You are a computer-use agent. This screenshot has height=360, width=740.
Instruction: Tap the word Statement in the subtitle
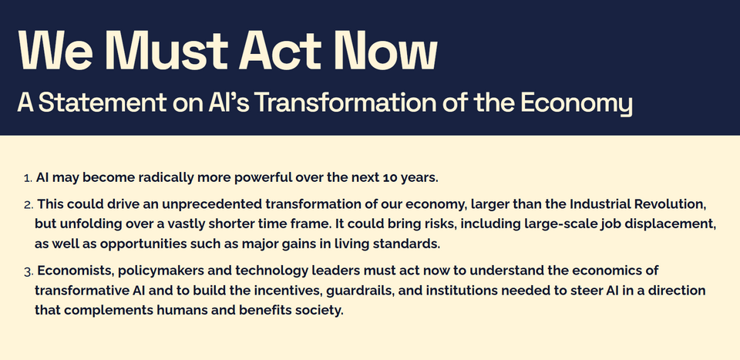coord(102,103)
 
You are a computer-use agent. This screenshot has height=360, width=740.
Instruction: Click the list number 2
coord(29,206)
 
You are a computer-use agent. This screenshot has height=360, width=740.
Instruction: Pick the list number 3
coord(29,272)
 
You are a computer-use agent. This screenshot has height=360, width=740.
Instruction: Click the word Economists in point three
coord(75,271)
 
